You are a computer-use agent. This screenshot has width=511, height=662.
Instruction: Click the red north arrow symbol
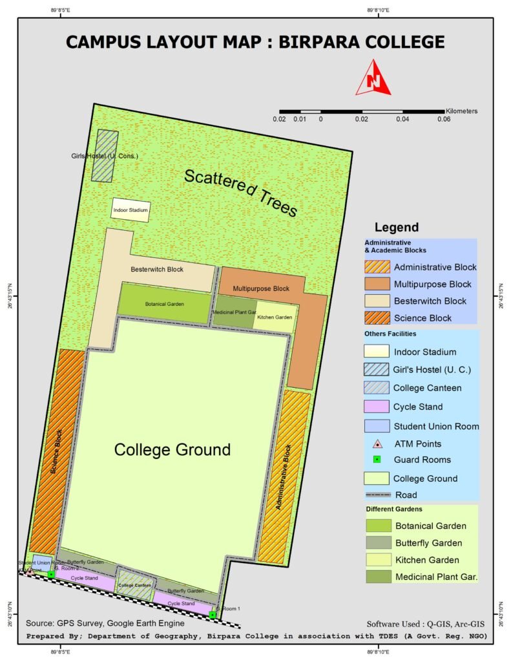373,78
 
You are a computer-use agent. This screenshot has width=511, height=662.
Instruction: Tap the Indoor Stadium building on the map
131,210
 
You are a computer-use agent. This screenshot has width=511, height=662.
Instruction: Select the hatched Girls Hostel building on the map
104,156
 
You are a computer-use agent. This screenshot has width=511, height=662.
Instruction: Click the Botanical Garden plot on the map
165,301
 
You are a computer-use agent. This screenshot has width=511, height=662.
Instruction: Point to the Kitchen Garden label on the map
275,317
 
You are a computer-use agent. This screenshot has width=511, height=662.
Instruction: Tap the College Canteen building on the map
135,584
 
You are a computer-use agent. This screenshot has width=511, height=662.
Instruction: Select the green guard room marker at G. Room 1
213,614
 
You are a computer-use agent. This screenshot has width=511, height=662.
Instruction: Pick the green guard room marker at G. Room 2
50,574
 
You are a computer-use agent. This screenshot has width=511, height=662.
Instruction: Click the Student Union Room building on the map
42,563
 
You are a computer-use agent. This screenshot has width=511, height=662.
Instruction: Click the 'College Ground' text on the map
172,449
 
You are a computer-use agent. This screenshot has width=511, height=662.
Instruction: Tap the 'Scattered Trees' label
240,193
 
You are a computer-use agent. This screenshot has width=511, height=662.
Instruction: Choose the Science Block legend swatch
377,317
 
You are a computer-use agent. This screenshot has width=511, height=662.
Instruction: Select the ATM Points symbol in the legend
377,443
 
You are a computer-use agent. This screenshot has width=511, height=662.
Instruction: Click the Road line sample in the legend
377,495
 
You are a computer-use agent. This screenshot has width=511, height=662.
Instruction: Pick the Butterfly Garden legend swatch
377,543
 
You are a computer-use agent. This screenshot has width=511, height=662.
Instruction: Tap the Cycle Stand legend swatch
377,407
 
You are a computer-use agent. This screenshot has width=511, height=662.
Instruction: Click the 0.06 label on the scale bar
443,120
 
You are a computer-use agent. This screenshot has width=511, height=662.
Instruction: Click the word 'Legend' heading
396,228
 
